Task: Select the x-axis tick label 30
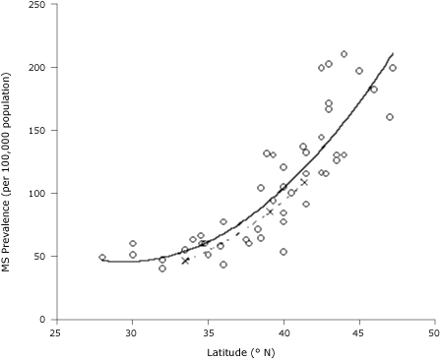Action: [x=132, y=332]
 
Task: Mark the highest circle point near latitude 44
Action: [x=344, y=54]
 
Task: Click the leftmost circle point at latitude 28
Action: [x=102, y=258]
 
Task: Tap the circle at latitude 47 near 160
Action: [x=390, y=117]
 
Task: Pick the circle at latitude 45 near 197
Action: [x=359, y=71]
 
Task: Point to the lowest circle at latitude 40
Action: [x=283, y=252]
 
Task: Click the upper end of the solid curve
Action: [x=393, y=53]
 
